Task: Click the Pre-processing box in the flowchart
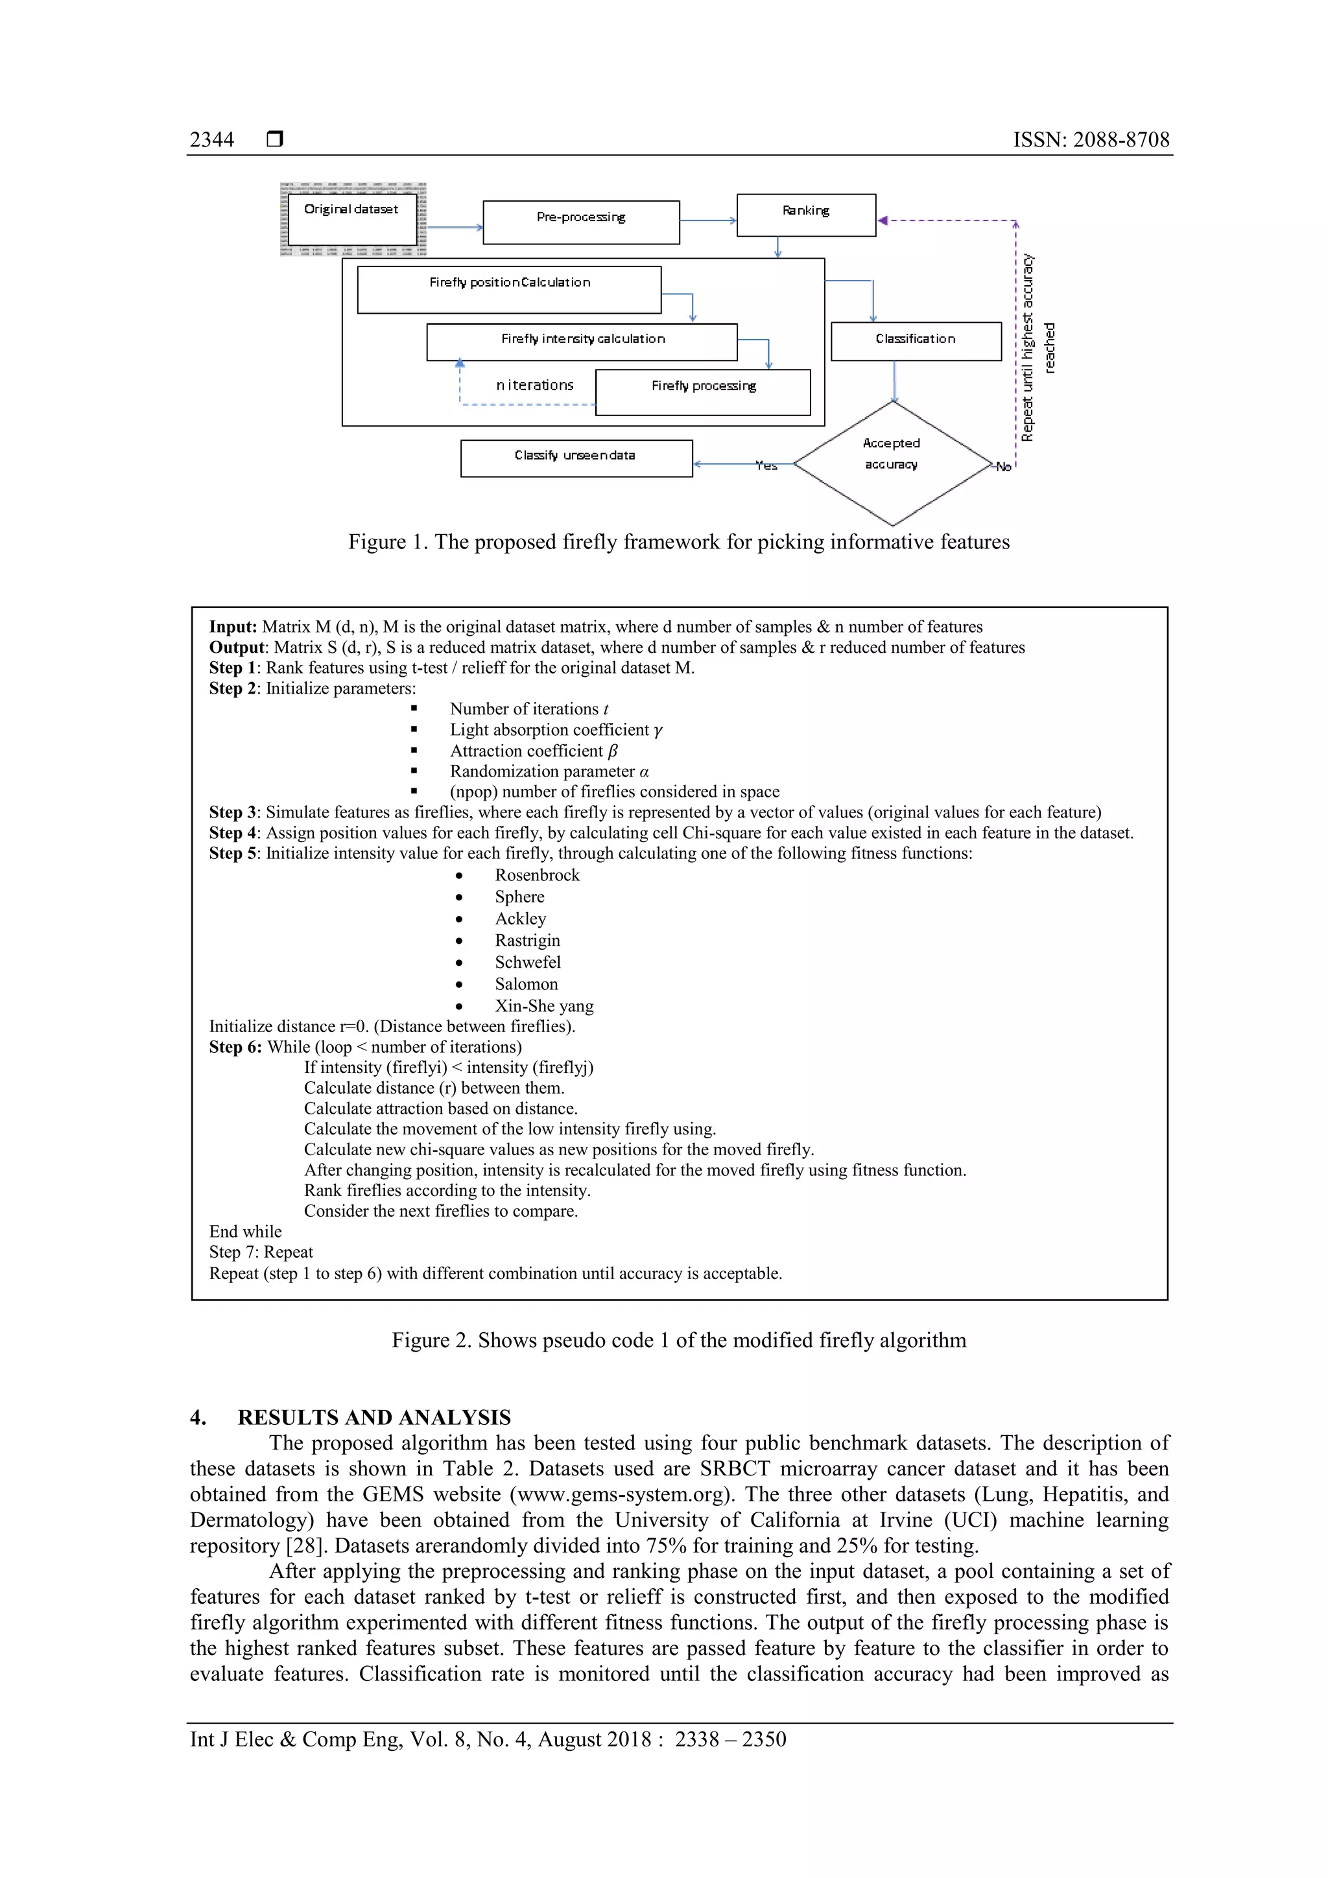tap(581, 222)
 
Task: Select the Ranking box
tap(806, 215)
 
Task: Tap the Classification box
tap(916, 341)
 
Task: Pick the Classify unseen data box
tap(576, 458)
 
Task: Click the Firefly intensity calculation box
tap(582, 342)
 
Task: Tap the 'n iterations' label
tap(534, 385)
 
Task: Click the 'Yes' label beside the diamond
tap(766, 465)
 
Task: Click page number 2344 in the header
tap(212, 140)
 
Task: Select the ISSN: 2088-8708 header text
tap(1091, 140)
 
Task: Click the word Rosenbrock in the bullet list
tap(537, 874)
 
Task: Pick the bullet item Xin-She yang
tap(544, 1006)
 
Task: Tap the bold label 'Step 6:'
tap(235, 1047)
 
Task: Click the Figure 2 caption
tap(678, 1340)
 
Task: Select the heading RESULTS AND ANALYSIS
tap(374, 1418)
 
